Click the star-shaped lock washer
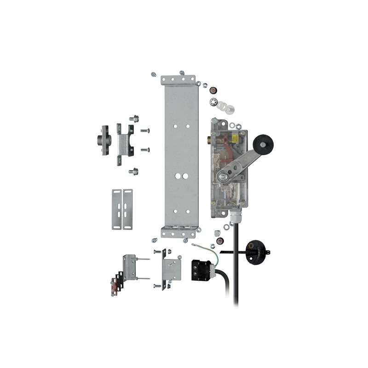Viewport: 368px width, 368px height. (213, 101)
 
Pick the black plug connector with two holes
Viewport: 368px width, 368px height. (201, 268)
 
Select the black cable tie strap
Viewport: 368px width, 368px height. (230, 252)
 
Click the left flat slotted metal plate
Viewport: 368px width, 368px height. (117, 209)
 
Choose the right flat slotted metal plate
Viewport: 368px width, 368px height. (128, 209)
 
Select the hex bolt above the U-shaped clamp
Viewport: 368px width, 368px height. (134, 119)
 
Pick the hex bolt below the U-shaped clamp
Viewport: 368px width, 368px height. (134, 172)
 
